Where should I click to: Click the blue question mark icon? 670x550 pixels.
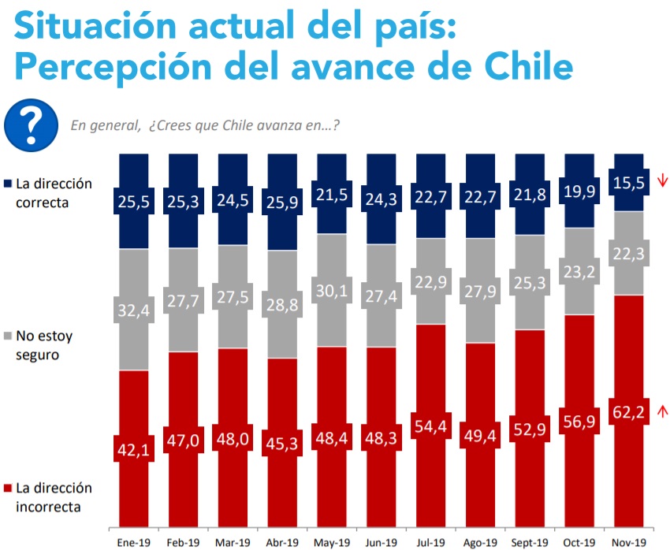click(x=31, y=123)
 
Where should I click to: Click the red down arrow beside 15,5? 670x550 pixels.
click(x=662, y=180)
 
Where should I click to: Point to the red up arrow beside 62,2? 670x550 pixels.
click(x=662, y=410)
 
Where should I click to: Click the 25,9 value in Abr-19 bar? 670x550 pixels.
click(x=282, y=203)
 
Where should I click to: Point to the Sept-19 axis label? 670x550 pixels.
click(x=530, y=542)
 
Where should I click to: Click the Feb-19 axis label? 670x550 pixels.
click(x=183, y=542)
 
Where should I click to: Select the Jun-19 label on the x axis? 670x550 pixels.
click(x=382, y=542)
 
